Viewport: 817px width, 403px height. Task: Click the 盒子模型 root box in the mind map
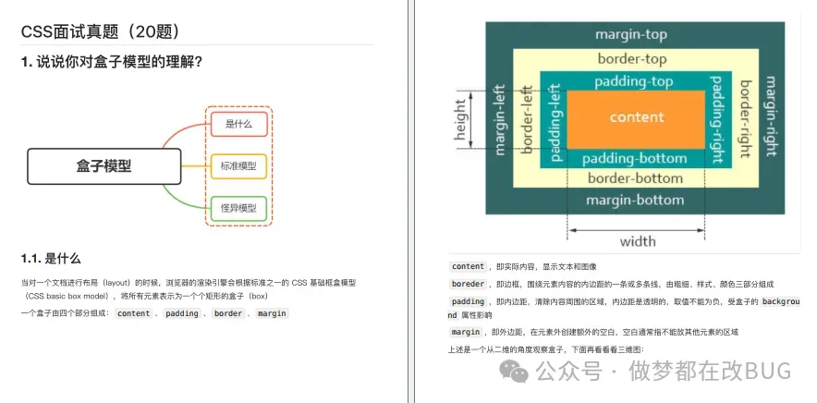[x=104, y=166]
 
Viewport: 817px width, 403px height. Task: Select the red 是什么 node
[x=238, y=123]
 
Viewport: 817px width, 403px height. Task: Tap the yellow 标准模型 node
[x=238, y=166]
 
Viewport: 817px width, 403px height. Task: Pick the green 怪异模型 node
[x=238, y=208]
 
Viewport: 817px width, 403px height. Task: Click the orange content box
[x=637, y=117]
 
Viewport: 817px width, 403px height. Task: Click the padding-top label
[x=634, y=81]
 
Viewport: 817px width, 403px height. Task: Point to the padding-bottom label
[x=634, y=158]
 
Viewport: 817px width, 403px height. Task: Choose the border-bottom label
[x=635, y=178]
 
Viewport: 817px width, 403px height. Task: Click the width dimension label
[x=638, y=242]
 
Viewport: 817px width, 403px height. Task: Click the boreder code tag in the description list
[x=468, y=284]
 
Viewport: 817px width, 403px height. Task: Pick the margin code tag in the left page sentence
[x=272, y=313]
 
